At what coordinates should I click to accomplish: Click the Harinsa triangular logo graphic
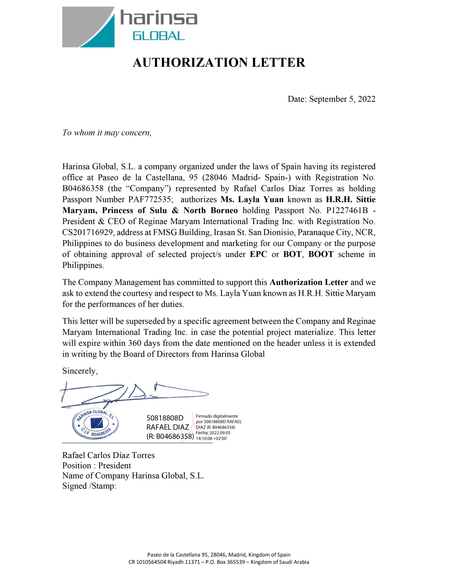[x=88, y=27]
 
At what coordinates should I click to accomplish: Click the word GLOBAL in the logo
[x=158, y=36]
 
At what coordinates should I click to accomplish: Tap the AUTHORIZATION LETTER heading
[x=219, y=63]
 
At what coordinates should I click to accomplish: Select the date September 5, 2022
[x=342, y=99]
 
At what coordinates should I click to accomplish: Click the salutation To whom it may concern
[x=107, y=133]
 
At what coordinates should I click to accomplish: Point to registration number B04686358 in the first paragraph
[x=83, y=189]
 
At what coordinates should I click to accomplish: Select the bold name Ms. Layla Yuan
[x=252, y=200]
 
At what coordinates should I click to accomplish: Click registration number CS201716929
[x=87, y=232]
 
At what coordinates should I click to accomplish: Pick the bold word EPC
[x=258, y=254]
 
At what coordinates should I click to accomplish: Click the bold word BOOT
[x=321, y=254]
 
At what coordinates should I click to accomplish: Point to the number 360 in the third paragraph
[x=135, y=343]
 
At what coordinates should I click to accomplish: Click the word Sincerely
[x=80, y=371]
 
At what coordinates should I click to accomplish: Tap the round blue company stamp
[x=96, y=424]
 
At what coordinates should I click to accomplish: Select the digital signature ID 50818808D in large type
[x=165, y=418]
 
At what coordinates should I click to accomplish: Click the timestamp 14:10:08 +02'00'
[x=211, y=439]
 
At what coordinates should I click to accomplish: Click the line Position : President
[x=97, y=466]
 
